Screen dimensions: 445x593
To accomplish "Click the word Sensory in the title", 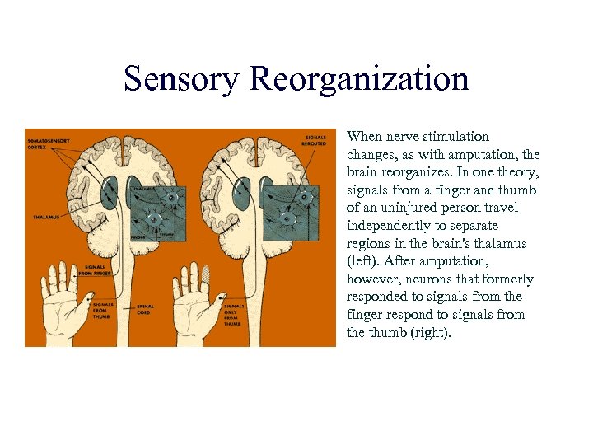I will click(x=181, y=79).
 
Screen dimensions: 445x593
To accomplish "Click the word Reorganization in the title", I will click(x=359, y=79).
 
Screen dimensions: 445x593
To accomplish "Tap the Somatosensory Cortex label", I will click(x=48, y=145).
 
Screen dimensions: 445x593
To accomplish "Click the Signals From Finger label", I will click(x=99, y=271).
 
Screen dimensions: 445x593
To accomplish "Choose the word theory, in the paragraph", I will click(x=516, y=171).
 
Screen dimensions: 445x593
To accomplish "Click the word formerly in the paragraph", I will click(x=509, y=279).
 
